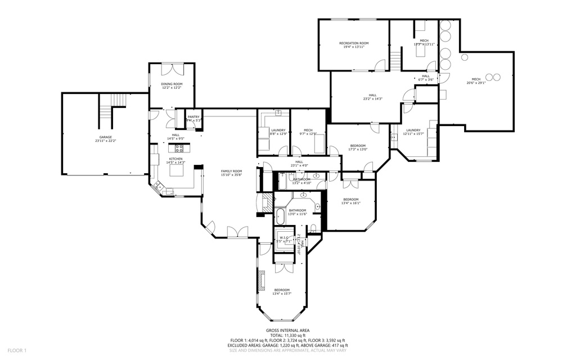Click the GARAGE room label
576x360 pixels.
(105, 137)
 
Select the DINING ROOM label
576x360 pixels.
(172, 84)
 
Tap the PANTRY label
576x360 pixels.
(193, 117)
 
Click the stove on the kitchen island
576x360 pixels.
(179, 148)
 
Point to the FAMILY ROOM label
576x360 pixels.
(231, 171)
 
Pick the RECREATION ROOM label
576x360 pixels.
(353, 43)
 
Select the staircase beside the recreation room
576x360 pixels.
(397, 59)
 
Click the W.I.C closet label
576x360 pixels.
(283, 238)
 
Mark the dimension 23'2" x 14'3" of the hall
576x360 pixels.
(372, 99)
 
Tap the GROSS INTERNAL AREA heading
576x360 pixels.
(287, 331)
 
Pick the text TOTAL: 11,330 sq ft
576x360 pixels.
(287, 336)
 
